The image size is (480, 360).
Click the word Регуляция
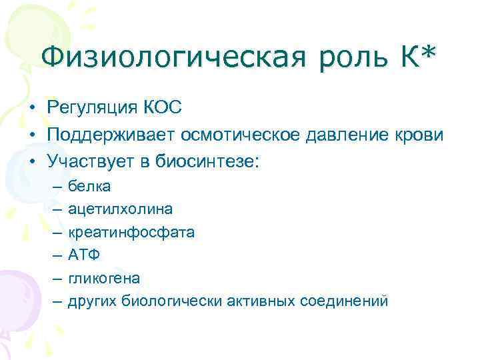pyautogui.click(x=93, y=108)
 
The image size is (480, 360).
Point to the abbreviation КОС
pyautogui.click(x=163, y=108)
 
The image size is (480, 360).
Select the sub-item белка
pyautogui.click(x=89, y=185)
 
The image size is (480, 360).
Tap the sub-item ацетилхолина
pyautogui.click(x=120, y=209)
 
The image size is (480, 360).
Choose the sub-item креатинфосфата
pyautogui.click(x=131, y=232)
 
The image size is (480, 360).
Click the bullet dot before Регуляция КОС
pyautogui.click(x=31, y=109)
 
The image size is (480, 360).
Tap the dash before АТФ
pyautogui.click(x=55, y=255)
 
